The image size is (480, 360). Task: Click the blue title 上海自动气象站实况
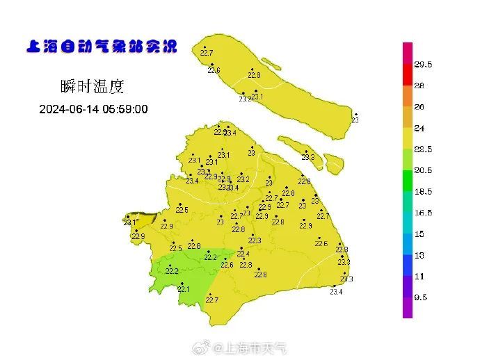coord(102,47)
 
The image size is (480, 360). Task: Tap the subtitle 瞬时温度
coord(93,87)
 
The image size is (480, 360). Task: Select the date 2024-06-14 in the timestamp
coord(67,109)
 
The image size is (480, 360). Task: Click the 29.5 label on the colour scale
coord(423,65)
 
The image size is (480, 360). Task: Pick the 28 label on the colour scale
coord(419,86)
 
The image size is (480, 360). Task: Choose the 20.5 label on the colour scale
coord(423,170)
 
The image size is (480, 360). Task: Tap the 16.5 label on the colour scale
coord(423,213)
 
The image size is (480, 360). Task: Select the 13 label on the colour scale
coord(419,255)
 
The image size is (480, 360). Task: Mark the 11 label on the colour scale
coord(419,276)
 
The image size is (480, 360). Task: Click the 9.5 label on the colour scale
coord(421,297)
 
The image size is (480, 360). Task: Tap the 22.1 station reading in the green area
coord(183,289)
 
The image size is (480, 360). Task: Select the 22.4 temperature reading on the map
coord(243,254)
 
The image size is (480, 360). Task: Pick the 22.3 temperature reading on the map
coord(255,240)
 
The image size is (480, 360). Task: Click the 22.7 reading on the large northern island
coord(207,53)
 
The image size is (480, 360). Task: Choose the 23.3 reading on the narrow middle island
coord(308,157)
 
